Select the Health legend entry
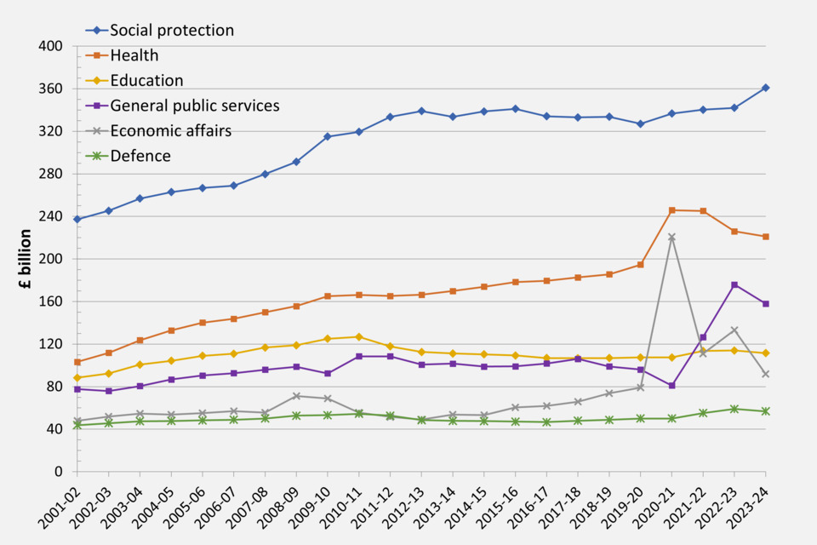(x=134, y=56)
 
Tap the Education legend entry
(x=146, y=81)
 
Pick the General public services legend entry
(x=194, y=106)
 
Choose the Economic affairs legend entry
(x=170, y=130)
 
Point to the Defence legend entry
(x=140, y=156)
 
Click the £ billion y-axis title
(x=26, y=260)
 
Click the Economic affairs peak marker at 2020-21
(x=672, y=238)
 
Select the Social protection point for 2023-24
(x=766, y=88)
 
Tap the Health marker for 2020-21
(x=672, y=210)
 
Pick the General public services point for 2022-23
(x=734, y=284)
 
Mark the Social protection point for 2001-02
(x=77, y=220)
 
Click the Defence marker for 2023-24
(x=766, y=411)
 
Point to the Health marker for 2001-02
(x=77, y=362)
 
